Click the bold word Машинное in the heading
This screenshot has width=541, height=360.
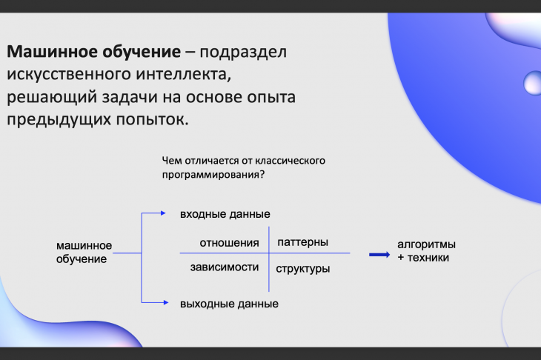point(51,52)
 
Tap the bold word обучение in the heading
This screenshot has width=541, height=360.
point(142,53)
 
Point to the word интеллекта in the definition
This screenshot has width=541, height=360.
point(181,75)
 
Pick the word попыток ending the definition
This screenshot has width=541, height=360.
point(152,120)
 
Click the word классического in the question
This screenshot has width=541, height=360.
point(291,161)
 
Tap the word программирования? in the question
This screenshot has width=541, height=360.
point(213,175)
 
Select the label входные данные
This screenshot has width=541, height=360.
point(225,215)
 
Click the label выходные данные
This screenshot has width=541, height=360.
point(229,304)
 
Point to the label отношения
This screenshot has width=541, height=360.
point(229,243)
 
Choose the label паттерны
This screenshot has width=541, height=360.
point(302,242)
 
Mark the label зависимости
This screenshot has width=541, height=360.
point(225,267)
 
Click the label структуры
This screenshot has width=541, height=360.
point(302,269)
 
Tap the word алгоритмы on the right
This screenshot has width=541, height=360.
point(426,244)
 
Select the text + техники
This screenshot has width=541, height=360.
point(423,258)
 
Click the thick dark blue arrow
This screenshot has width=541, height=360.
point(379,255)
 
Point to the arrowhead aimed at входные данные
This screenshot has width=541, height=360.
point(163,213)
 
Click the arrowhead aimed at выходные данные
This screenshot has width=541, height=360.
point(166,302)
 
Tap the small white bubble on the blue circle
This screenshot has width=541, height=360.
point(533,83)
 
